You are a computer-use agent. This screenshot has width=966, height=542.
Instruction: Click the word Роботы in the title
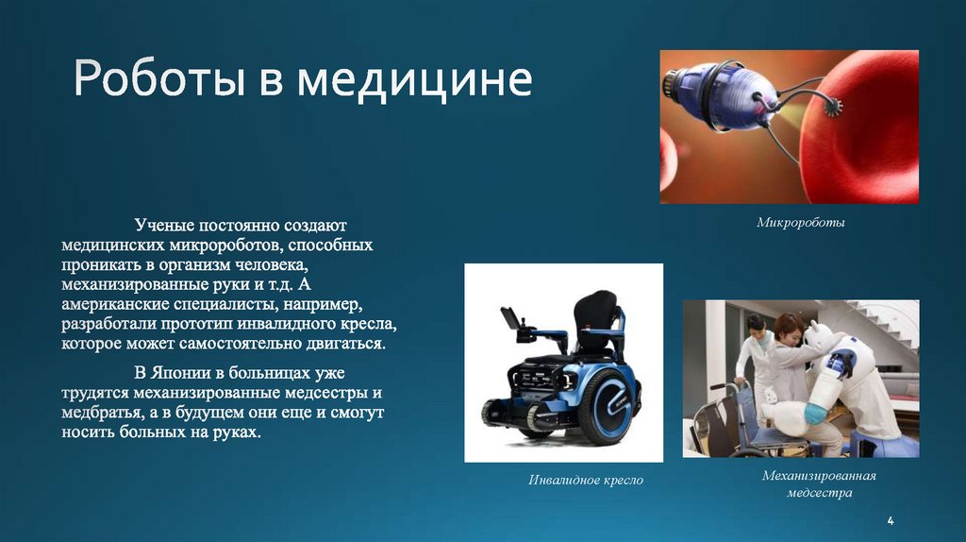pos(157,82)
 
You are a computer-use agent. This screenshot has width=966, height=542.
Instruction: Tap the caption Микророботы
pos(800,224)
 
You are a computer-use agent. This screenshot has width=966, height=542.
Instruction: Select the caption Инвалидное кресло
pos(585,481)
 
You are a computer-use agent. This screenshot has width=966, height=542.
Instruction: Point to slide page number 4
pos(891,522)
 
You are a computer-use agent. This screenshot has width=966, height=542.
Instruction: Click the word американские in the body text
pos(113,305)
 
